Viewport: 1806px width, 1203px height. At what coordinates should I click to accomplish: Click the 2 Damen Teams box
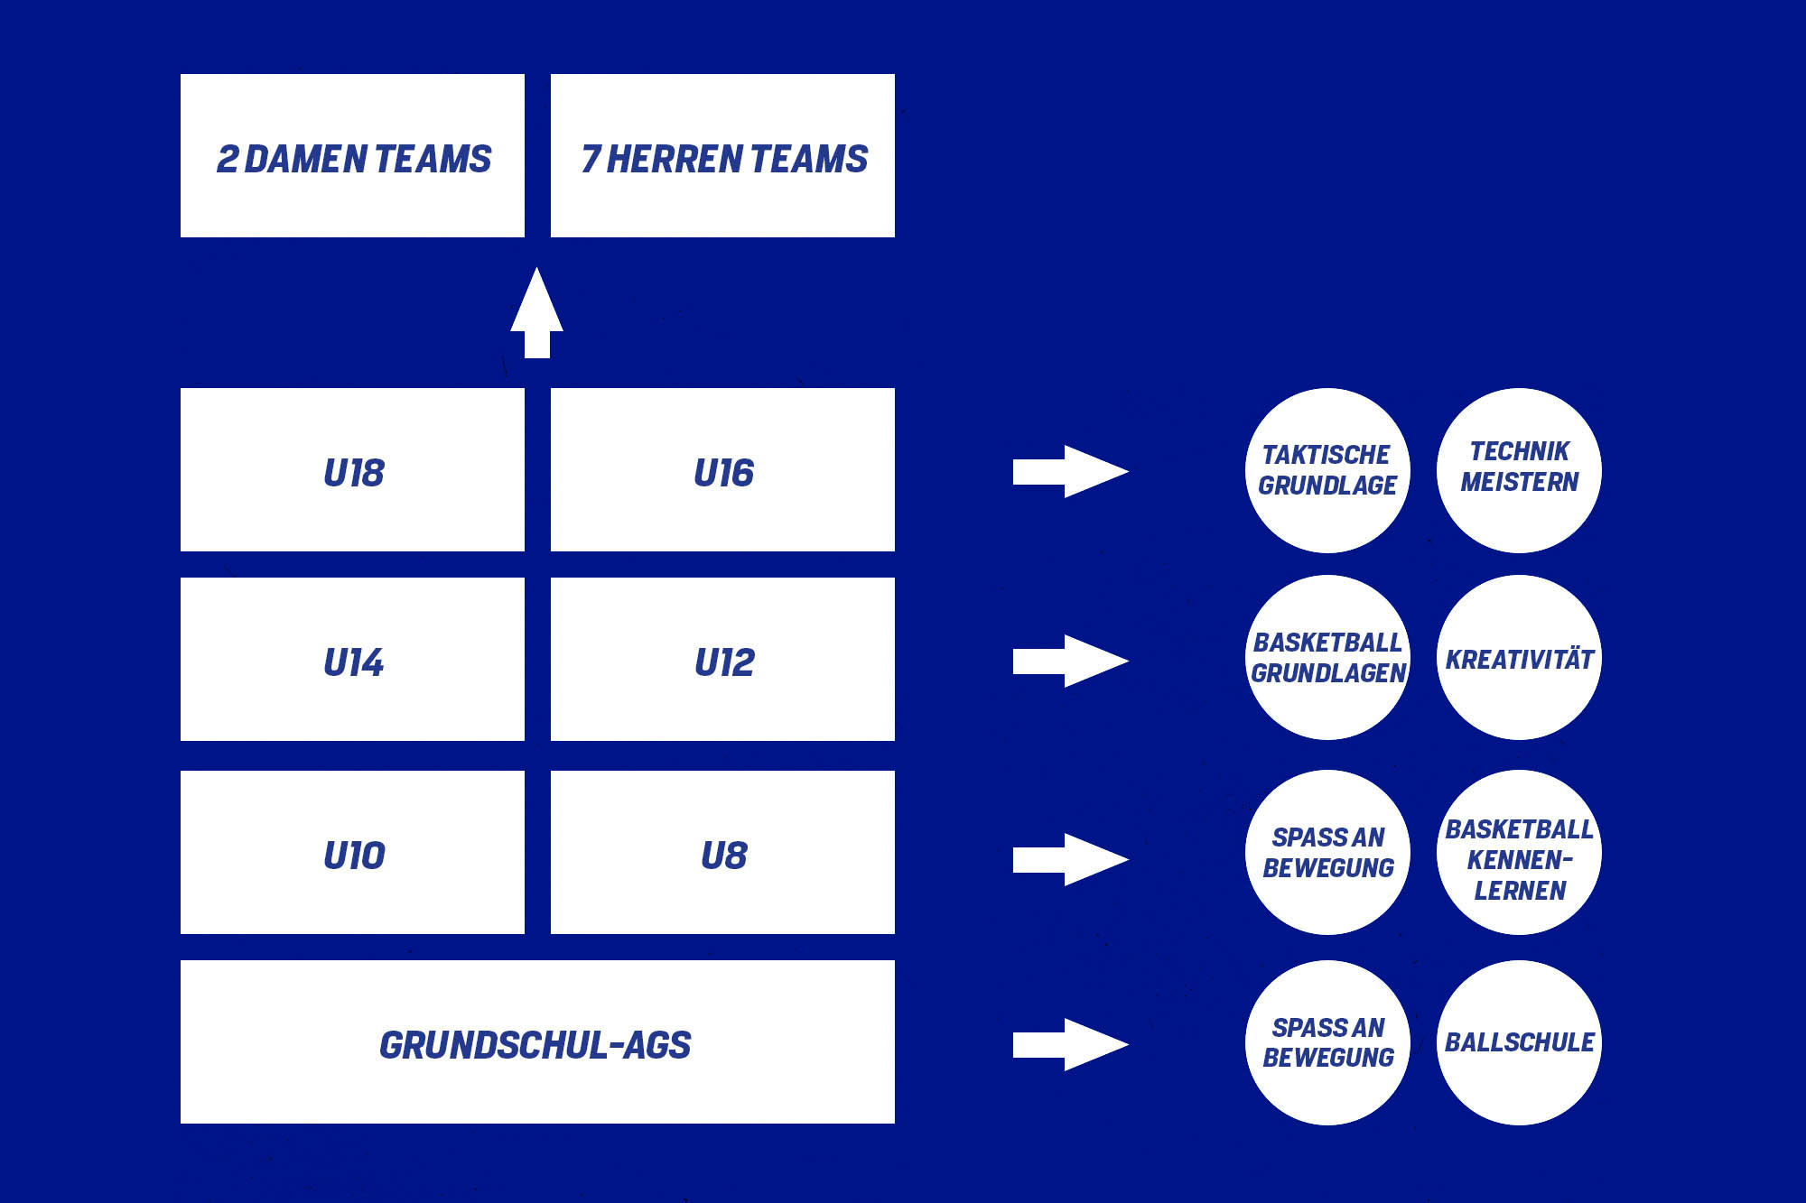[x=352, y=156]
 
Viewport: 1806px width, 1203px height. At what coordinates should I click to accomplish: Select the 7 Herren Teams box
[x=722, y=156]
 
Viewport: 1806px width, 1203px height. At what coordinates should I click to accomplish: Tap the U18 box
[x=352, y=470]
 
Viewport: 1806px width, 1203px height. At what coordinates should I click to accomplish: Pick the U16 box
[x=722, y=470]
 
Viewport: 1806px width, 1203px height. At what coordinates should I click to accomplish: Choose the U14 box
[x=352, y=660]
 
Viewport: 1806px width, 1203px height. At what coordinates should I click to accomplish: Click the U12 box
[x=722, y=660]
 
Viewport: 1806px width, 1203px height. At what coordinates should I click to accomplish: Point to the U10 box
[x=352, y=853]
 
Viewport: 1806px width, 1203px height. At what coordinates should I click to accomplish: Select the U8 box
[x=722, y=853]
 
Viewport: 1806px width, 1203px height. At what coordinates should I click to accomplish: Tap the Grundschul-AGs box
[x=537, y=1042]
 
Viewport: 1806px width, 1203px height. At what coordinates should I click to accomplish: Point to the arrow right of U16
[x=1070, y=471]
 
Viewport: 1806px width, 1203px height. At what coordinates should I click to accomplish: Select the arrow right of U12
[x=1070, y=661]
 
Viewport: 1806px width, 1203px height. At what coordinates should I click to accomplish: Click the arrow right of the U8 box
[x=1070, y=859]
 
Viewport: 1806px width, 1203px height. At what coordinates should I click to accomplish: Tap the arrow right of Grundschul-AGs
[x=1070, y=1044]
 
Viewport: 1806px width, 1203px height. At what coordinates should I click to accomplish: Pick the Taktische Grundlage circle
[x=1327, y=470]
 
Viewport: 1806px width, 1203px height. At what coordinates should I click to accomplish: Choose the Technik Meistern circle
[x=1519, y=470]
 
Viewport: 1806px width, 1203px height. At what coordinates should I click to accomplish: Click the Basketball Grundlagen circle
[x=1327, y=658]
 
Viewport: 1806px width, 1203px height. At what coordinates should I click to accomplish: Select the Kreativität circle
[x=1519, y=658]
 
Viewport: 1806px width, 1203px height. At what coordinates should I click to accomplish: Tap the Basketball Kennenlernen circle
[x=1519, y=853]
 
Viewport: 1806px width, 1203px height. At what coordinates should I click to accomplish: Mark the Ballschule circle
[x=1519, y=1042]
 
